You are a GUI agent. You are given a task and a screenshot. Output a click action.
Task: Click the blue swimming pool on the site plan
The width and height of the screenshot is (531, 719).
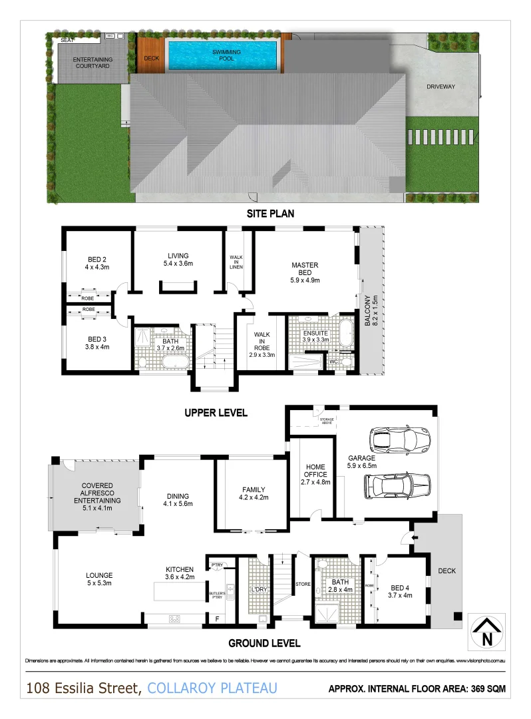tap(222, 55)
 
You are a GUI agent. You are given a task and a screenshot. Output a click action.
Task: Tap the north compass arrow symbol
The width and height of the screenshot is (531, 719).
tap(488, 632)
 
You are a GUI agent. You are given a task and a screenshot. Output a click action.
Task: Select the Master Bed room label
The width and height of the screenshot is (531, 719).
tap(305, 272)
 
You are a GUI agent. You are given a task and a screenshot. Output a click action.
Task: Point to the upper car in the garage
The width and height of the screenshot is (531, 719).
tap(399, 439)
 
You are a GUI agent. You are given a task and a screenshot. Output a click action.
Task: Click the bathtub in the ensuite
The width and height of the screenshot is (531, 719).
tap(345, 333)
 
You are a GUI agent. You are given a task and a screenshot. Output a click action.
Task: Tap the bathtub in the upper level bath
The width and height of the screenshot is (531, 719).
tap(176, 363)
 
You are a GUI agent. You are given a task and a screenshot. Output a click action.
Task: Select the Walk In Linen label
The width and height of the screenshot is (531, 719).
tap(236, 262)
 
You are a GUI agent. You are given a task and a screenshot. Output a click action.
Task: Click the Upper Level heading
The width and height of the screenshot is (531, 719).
tap(216, 413)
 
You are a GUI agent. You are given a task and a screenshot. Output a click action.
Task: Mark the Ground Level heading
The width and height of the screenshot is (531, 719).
tap(264, 643)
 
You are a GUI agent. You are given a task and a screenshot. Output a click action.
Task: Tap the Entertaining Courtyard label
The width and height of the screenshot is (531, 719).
tap(92, 63)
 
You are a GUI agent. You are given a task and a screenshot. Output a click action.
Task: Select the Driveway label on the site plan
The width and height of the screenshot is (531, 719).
tap(441, 87)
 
